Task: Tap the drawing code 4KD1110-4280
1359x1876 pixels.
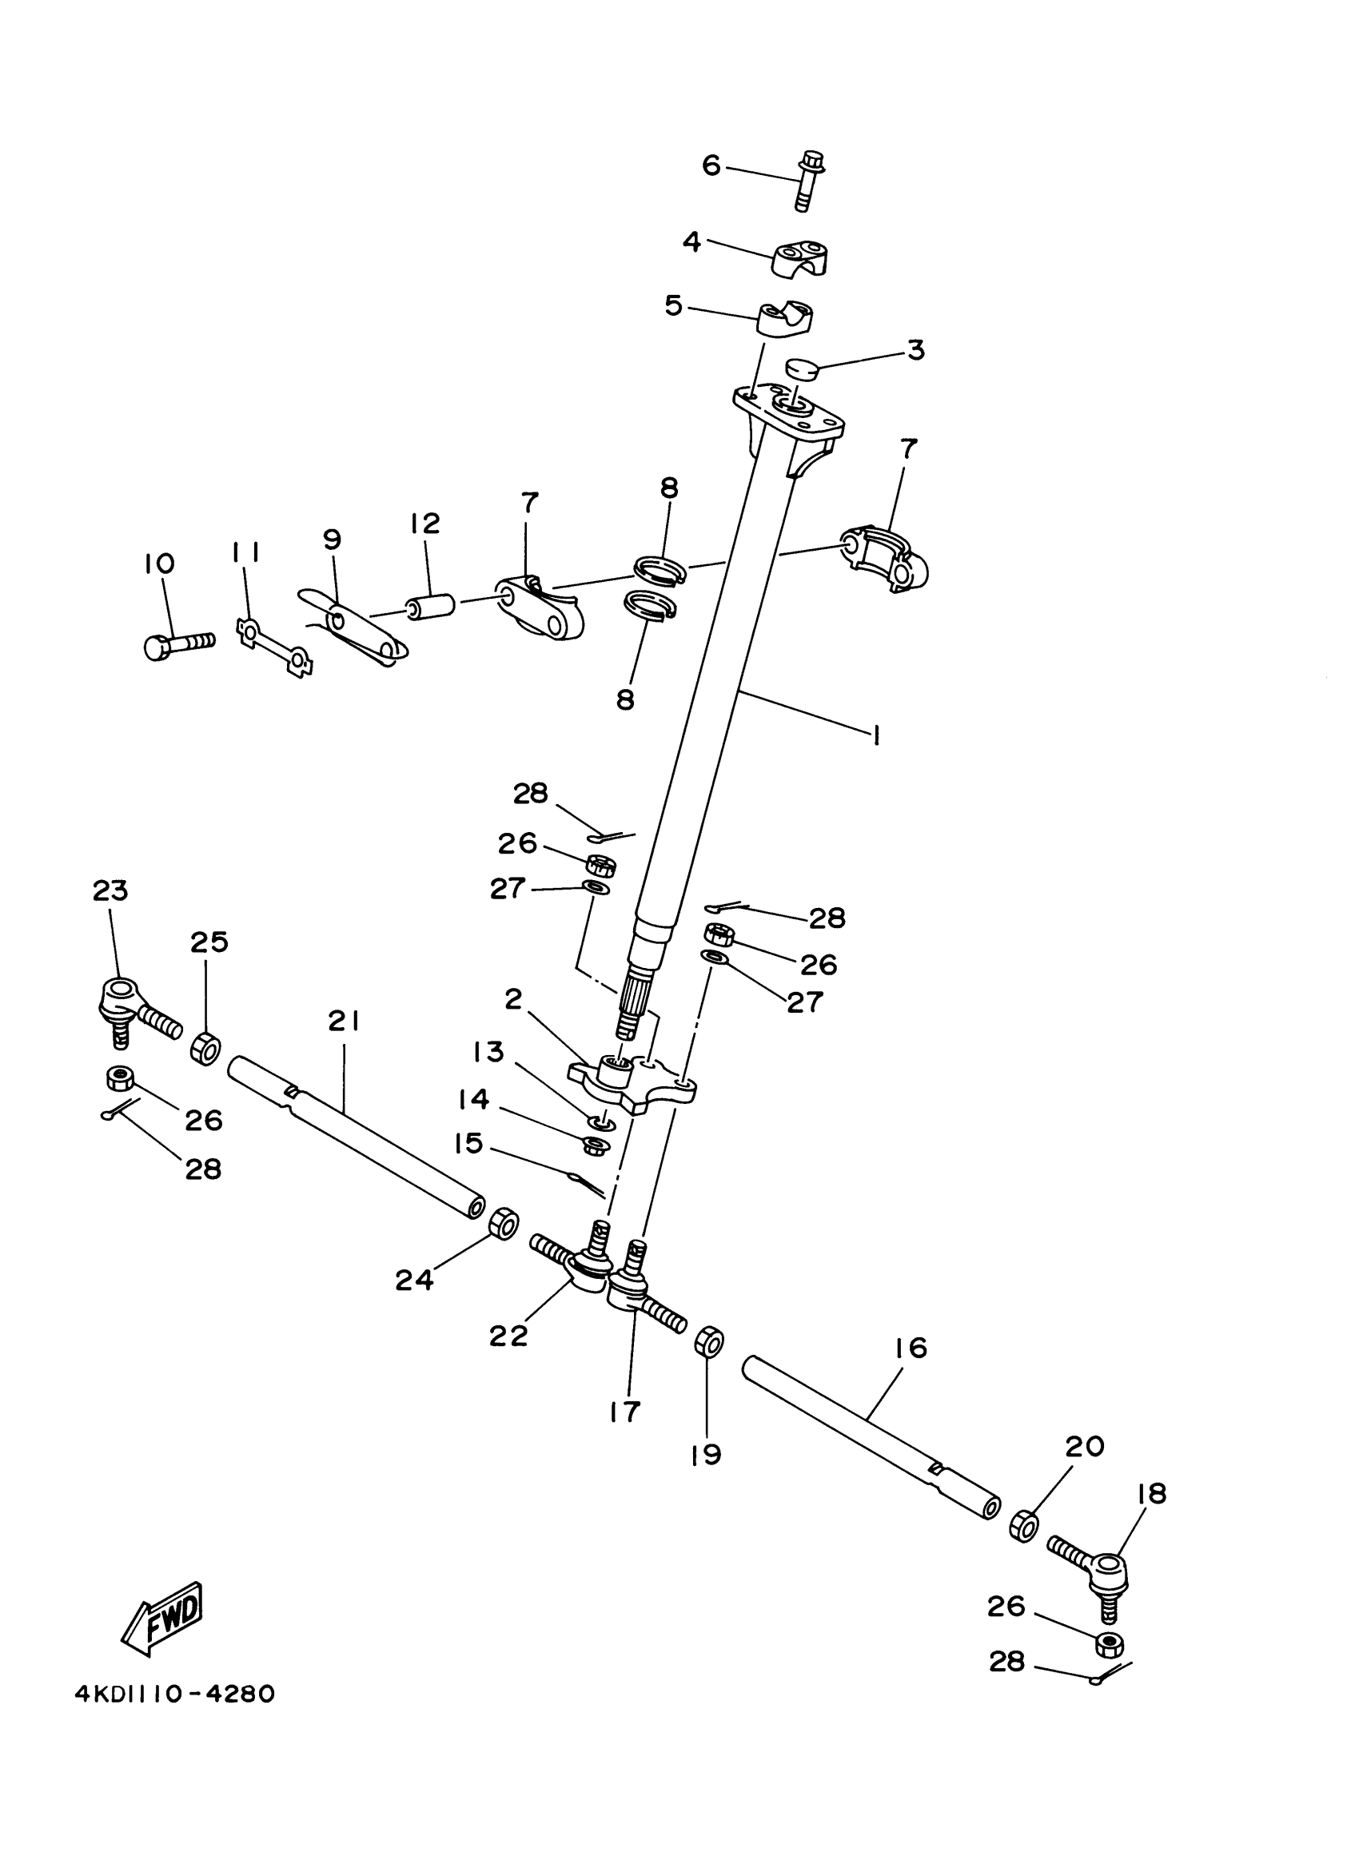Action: click(174, 1694)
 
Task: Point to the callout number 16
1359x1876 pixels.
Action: click(911, 1349)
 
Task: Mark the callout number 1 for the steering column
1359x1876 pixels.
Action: click(875, 735)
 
